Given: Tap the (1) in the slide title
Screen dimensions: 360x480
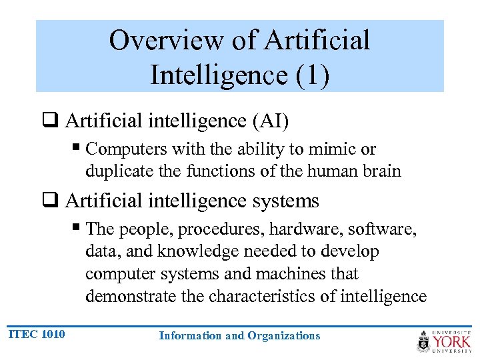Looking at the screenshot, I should (x=311, y=75).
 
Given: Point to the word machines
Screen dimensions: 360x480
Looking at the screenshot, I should (x=326, y=273).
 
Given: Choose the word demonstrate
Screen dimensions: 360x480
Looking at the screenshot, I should (x=131, y=296).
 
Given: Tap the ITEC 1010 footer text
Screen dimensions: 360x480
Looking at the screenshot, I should (x=36, y=334).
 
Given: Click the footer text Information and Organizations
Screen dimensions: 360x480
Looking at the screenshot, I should (x=239, y=335).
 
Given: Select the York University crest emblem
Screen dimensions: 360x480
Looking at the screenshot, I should (x=423, y=341).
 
